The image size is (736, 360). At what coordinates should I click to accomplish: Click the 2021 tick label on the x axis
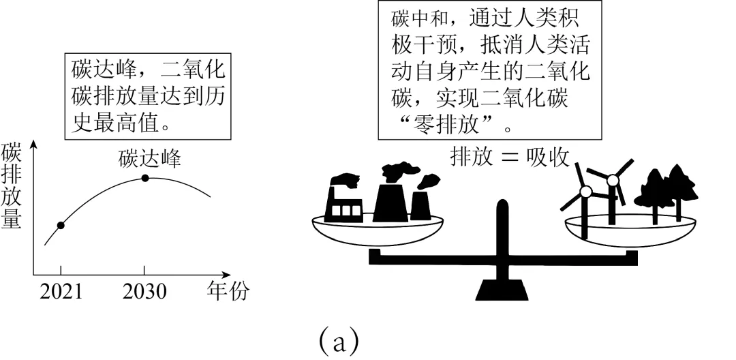click(x=61, y=292)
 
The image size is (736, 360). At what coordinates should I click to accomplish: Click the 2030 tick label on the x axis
click(x=144, y=292)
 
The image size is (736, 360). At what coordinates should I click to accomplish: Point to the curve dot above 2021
click(x=61, y=225)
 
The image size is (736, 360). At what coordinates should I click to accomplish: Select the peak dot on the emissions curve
click(x=144, y=178)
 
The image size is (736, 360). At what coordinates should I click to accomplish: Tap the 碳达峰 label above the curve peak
click(x=149, y=160)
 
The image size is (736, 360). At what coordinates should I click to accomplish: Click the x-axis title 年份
click(x=228, y=292)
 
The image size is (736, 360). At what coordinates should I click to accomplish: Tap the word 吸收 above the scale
click(x=547, y=157)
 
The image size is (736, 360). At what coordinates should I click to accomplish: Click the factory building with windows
click(x=343, y=203)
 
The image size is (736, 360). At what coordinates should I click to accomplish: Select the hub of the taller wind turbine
click(x=612, y=180)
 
